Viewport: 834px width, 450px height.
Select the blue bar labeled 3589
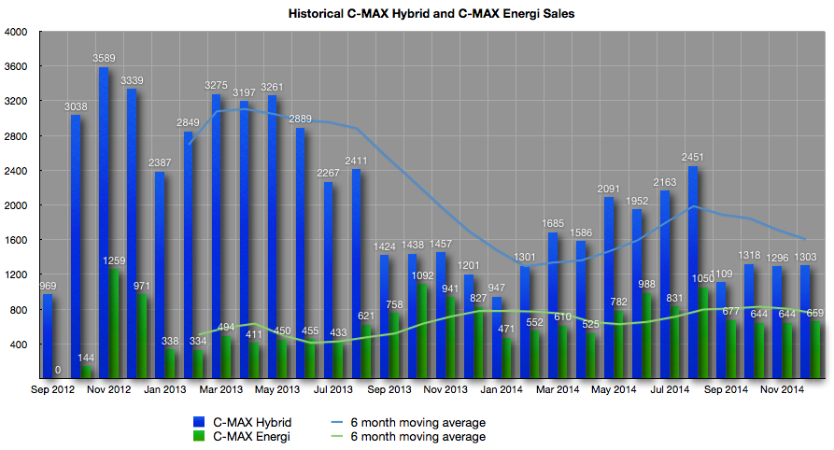[x=104, y=224]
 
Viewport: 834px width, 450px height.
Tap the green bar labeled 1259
[x=114, y=322]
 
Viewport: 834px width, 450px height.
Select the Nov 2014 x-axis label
[x=780, y=388]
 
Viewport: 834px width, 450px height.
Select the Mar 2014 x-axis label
[x=555, y=388]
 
